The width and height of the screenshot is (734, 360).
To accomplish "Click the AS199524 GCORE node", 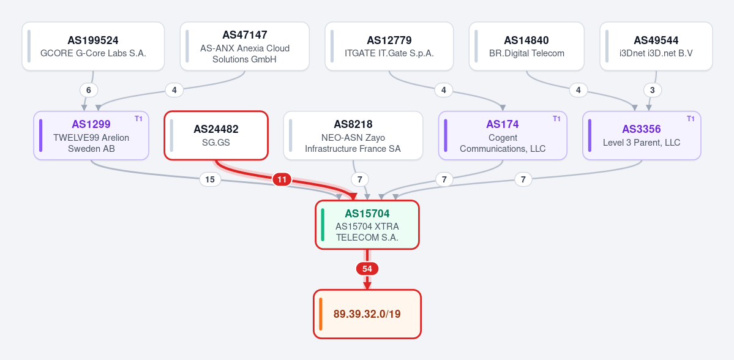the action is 93,47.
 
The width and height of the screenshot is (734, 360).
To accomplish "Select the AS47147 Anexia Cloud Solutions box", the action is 245,47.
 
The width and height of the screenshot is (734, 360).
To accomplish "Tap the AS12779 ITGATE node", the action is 389,47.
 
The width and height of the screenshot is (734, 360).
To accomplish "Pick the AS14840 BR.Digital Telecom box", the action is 526,47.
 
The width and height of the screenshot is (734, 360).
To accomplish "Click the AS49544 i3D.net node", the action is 656,47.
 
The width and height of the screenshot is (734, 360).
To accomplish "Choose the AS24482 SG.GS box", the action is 216,135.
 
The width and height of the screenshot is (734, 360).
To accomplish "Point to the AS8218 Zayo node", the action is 353,135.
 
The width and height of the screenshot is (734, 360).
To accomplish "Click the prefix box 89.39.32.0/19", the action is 367,313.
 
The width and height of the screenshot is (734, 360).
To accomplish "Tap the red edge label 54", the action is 367,269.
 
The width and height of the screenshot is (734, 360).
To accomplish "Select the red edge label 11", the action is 282,179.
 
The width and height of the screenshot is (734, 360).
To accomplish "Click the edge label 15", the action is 210,179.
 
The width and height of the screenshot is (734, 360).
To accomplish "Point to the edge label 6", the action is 89,90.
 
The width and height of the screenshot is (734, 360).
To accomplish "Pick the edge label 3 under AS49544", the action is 653,90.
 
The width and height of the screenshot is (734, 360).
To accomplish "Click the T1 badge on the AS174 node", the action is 556,119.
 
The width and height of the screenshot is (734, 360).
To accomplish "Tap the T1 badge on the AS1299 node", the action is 138,119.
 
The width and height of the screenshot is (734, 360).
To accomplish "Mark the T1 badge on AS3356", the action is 691,119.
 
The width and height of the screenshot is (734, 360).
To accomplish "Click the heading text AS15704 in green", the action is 367,214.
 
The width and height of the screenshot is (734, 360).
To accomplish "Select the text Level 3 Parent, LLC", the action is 642,142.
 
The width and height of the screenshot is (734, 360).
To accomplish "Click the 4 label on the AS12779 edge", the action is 444,90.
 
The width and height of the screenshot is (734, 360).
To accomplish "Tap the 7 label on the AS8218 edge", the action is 360,179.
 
